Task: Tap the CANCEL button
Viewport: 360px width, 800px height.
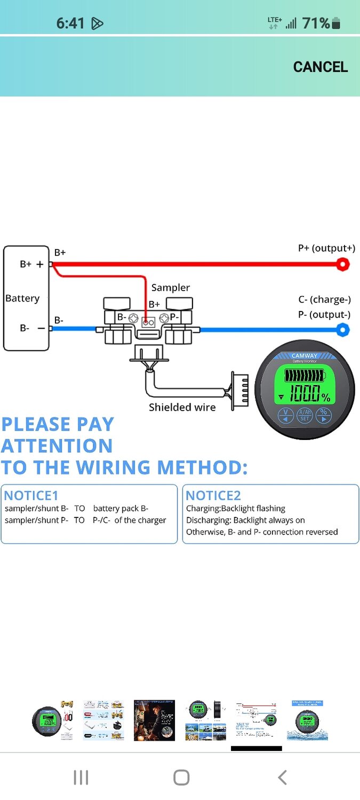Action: [320, 67]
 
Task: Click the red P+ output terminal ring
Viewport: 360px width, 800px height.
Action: [342, 264]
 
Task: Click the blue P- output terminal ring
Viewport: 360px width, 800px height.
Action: [342, 330]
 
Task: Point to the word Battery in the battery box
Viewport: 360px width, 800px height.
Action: [22, 298]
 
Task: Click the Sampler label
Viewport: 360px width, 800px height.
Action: [171, 287]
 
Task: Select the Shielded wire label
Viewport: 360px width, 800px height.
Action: [182, 407]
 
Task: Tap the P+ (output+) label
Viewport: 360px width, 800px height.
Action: [326, 249]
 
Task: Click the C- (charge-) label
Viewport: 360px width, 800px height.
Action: [324, 300]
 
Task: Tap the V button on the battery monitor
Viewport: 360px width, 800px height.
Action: [286, 415]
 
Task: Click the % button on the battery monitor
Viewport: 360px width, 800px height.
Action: [323, 415]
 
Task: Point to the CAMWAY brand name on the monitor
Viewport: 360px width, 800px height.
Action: [305, 356]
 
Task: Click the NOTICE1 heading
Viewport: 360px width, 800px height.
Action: [31, 495]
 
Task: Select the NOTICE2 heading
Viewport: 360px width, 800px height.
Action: [213, 495]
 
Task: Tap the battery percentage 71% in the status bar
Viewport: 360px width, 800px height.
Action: [316, 23]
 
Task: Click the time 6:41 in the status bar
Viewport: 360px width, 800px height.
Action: [70, 23]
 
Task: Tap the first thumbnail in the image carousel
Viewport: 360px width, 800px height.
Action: [52, 721]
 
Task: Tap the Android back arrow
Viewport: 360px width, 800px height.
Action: [283, 778]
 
